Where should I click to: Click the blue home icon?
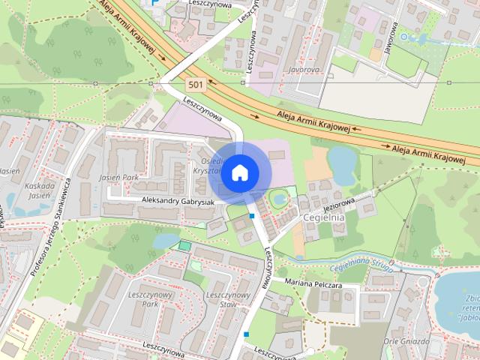click(x=239, y=172)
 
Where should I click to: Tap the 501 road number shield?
click(x=196, y=84)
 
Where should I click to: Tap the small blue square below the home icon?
click(x=253, y=216)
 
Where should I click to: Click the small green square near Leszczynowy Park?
click(x=184, y=245)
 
